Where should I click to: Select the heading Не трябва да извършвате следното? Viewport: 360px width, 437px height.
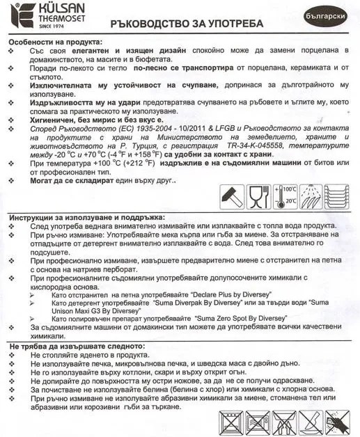(x=77, y=346)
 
